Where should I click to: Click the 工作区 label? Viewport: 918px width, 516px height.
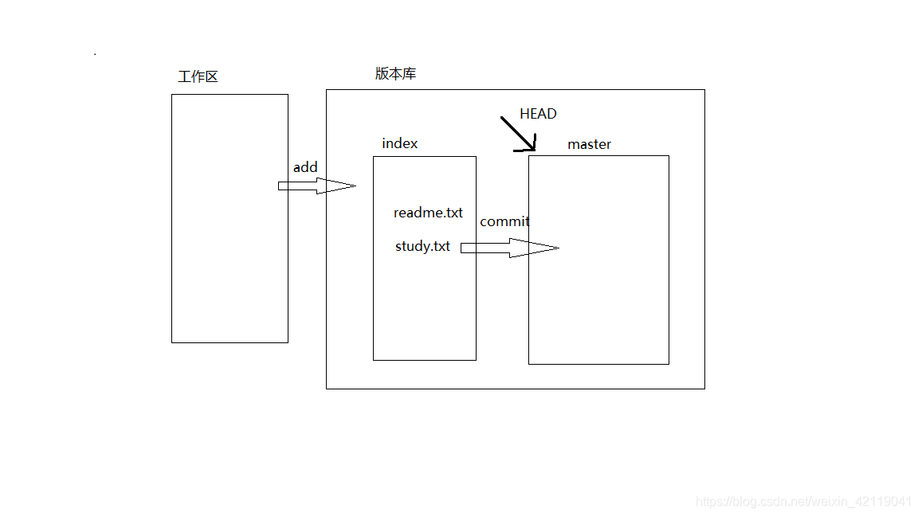198,77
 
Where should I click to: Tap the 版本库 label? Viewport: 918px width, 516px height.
395,74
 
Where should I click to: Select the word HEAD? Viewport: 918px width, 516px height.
538,114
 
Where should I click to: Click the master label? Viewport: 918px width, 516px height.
589,144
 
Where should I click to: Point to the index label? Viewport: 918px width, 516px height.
399,143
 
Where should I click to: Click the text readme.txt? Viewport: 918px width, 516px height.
428,213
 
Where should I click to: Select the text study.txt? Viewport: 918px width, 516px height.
422,246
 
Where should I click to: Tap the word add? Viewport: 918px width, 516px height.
305,167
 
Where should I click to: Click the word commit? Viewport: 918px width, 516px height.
504,221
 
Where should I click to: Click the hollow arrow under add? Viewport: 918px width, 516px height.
316,186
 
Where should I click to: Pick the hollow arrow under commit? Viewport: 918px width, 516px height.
508,248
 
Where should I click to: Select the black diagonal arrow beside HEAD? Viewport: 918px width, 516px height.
517,134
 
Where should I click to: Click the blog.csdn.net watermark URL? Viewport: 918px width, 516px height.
803,502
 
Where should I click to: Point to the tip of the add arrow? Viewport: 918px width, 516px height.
355,186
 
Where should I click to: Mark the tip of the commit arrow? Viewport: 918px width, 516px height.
559,248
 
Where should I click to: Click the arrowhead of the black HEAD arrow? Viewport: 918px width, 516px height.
532,147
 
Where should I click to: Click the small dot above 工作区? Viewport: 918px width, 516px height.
95,54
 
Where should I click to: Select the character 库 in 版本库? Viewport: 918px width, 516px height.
409,74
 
